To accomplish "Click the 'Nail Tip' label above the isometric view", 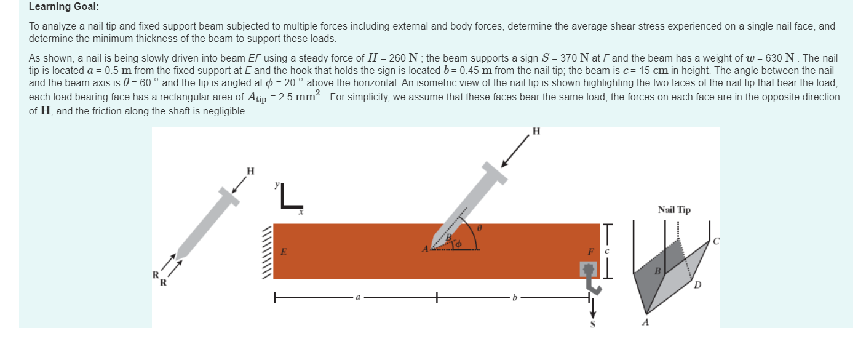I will coord(674,210).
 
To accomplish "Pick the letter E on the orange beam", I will coord(284,252).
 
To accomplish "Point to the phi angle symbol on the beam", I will coord(457,244).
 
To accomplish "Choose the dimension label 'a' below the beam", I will coord(356,298).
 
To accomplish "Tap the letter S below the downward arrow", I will coord(593,324).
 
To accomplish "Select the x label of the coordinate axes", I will coord(301,212).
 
